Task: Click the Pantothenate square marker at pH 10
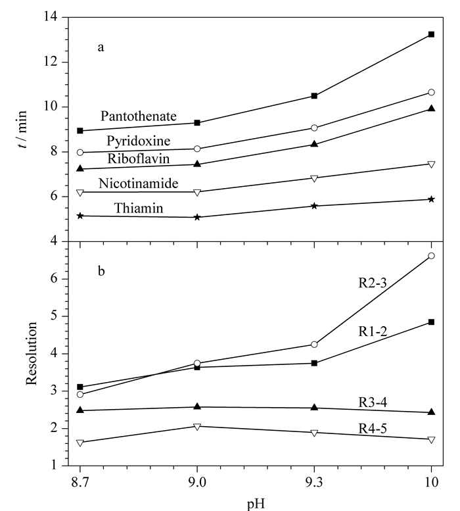tap(431, 34)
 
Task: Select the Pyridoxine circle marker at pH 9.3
tap(314, 128)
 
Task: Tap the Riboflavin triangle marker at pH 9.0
tap(197, 164)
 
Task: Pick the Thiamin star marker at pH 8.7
tap(80, 216)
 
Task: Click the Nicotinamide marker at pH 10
tap(431, 164)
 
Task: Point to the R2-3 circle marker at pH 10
tap(431, 256)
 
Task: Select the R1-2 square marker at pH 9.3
tap(314, 363)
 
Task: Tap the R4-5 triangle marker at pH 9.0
tap(197, 427)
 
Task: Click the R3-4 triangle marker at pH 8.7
tap(80, 410)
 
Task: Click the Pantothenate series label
tap(139, 116)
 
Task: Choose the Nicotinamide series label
tap(139, 183)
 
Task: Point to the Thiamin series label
tap(139, 208)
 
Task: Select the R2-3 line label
tap(373, 283)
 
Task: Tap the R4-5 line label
tap(373, 428)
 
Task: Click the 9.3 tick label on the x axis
tap(314, 482)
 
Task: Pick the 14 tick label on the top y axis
tap(51, 16)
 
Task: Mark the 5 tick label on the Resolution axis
tap(54, 316)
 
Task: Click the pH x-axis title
tap(256, 504)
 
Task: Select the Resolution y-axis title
tap(32, 354)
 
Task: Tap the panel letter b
tap(101, 270)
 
